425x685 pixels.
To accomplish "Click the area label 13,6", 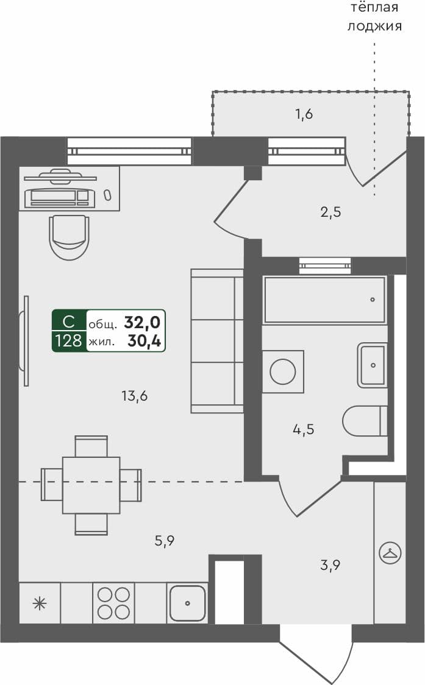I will click(135, 396).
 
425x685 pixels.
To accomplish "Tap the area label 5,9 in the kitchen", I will click(165, 540).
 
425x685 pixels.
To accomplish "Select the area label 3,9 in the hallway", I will click(330, 565).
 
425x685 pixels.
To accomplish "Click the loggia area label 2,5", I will click(330, 213).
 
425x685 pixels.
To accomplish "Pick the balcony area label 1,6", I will click(304, 114).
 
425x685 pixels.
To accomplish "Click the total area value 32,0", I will click(143, 322).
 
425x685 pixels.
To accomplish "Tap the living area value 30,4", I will click(145, 342).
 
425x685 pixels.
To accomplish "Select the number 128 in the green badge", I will click(68, 341).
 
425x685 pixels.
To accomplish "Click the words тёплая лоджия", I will click(374, 17).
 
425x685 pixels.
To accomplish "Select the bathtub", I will click(324, 300).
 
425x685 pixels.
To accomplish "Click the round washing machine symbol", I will click(283, 371).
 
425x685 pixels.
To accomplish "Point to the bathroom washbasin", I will click(373, 365).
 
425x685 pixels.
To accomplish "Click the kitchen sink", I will click(187, 602).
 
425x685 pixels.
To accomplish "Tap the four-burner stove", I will click(113, 603).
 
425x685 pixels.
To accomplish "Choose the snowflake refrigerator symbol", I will click(40, 603).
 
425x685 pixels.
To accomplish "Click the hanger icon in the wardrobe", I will click(390, 553).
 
